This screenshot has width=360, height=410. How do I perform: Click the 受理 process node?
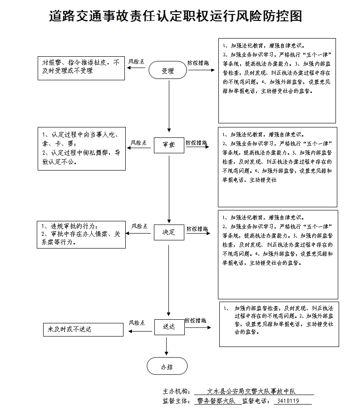coord(168,71)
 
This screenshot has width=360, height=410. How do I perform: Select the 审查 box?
coord(168,145)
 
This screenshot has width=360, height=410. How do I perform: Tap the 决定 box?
coord(168,232)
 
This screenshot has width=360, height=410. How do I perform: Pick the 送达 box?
coord(168,326)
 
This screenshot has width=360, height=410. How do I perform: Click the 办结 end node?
coord(167,367)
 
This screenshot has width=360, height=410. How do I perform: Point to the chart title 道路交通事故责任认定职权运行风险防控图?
coord(175,16)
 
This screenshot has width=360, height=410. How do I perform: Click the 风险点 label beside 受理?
coord(137,61)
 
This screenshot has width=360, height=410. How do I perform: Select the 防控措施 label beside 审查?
coord(196,142)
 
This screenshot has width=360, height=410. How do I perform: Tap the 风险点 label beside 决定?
coord(140,226)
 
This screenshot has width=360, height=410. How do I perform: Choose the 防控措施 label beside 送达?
coord(196,320)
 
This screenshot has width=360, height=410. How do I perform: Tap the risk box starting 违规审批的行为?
coord(81,234)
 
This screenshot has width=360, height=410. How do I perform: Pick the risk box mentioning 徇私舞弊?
coord(81,148)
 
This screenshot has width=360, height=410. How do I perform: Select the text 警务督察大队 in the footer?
coord(215,401)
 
